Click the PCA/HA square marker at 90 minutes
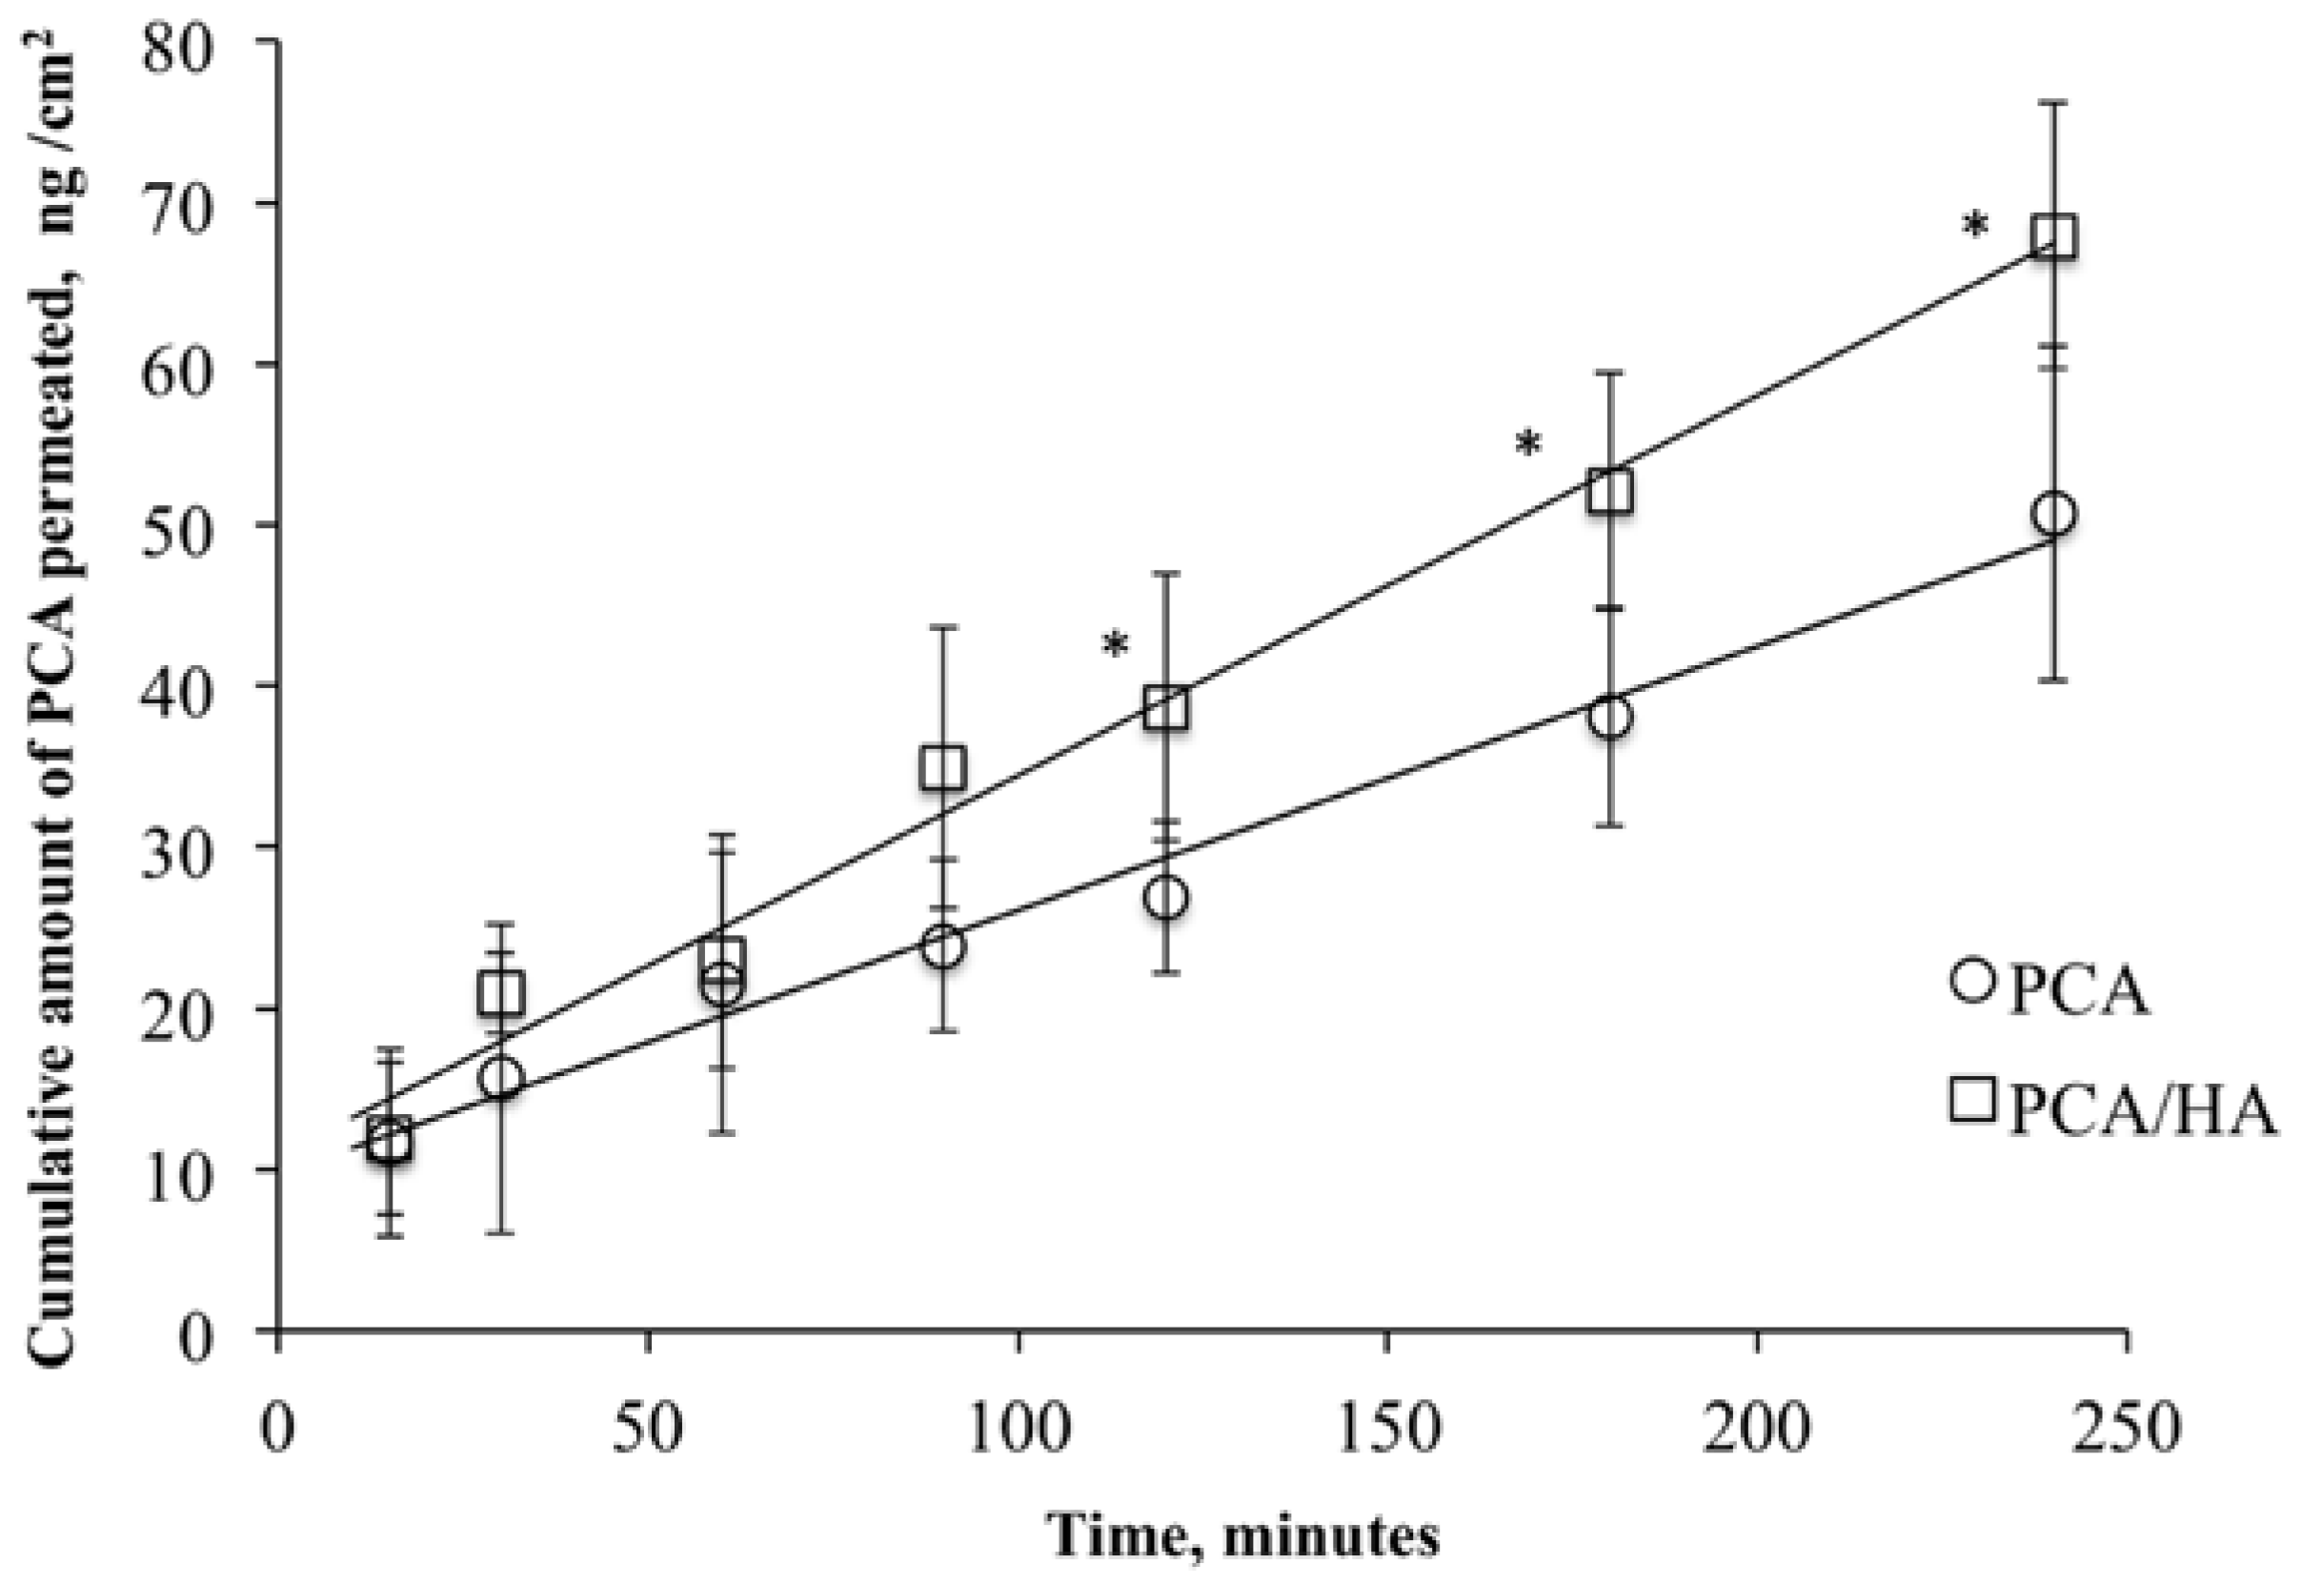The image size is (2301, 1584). pyautogui.click(x=942, y=767)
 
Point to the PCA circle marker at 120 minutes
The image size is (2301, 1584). pyautogui.click(x=1167, y=897)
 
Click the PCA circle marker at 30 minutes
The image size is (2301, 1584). pyautogui.click(x=501, y=1077)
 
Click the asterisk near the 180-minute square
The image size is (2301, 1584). pyautogui.click(x=1529, y=443)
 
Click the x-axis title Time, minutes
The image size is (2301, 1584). pyautogui.click(x=1244, y=1536)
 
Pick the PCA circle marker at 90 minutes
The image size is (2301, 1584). pyautogui.click(x=942, y=946)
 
